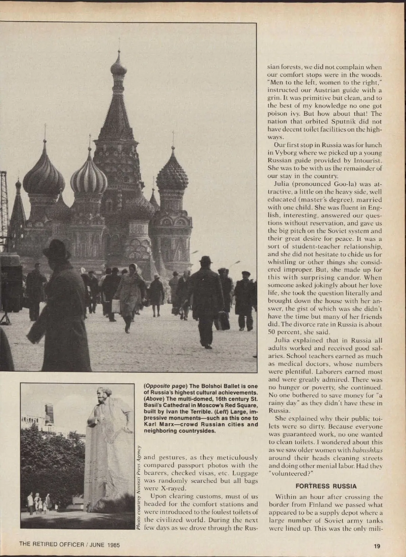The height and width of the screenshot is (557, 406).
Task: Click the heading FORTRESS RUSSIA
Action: pyautogui.click(x=326, y=486)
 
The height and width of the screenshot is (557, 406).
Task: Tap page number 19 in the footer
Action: pyautogui.click(x=377, y=546)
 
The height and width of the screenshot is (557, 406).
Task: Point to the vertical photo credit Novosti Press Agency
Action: pyautogui.click(x=138, y=487)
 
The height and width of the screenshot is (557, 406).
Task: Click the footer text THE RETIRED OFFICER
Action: pyautogui.click(x=51, y=544)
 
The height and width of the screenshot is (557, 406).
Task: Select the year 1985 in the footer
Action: pyautogui.click(x=113, y=544)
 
